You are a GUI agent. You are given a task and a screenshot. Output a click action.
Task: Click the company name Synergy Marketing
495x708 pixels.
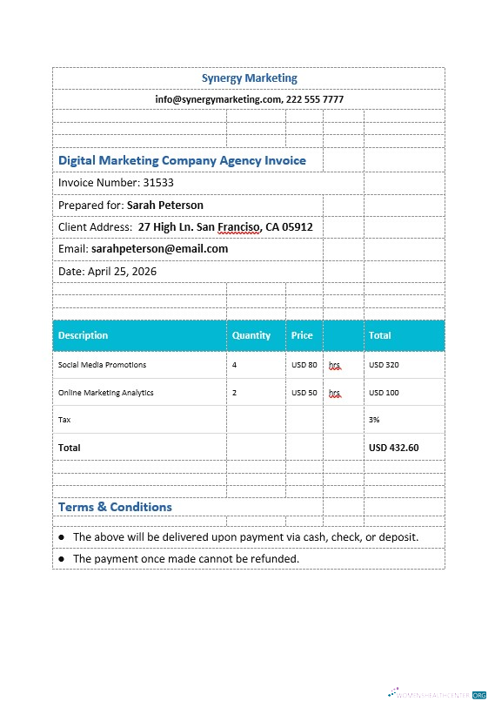[249, 78]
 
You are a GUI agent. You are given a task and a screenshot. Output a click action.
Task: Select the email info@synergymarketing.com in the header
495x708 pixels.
[218, 99]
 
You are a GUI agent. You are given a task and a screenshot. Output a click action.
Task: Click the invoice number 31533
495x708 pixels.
[158, 183]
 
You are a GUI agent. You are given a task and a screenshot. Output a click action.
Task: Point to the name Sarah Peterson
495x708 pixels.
[165, 206]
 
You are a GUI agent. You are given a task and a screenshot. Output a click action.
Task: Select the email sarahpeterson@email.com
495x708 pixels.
[159, 249]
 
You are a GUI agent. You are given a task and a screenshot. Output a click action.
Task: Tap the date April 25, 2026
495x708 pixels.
[122, 272]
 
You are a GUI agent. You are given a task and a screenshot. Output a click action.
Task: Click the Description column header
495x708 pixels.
[84, 335]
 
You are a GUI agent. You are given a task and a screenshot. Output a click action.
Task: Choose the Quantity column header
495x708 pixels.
[251, 335]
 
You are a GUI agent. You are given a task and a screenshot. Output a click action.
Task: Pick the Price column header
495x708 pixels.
[302, 335]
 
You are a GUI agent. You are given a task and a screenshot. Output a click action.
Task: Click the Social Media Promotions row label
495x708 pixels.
[102, 365]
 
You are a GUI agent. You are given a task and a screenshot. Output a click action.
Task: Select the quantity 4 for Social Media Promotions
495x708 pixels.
[234, 365]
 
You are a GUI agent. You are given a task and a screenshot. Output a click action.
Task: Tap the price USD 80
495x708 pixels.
[304, 365]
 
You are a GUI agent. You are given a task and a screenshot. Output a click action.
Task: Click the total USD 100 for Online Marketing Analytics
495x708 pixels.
[384, 393]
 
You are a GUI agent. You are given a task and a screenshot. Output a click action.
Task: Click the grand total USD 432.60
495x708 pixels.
[393, 448]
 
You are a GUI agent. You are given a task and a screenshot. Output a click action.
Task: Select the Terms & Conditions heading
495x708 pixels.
[115, 507]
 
